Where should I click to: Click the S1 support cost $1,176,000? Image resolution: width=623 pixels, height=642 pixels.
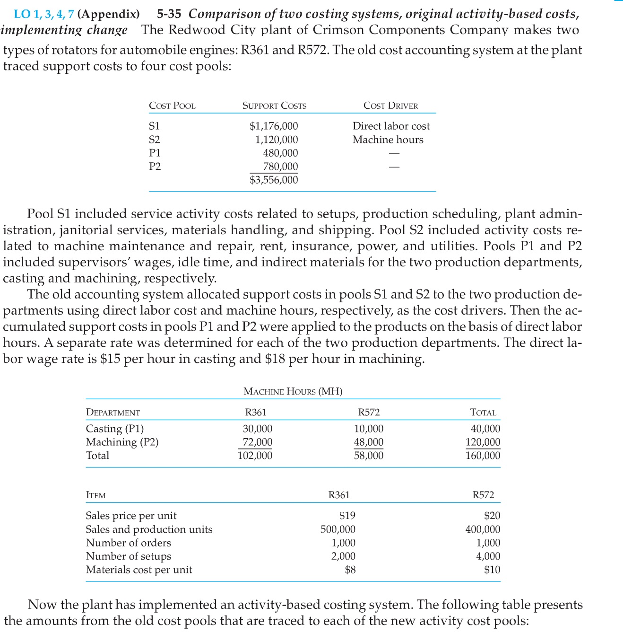coord(274,126)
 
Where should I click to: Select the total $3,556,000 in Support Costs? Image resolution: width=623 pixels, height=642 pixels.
coord(274,180)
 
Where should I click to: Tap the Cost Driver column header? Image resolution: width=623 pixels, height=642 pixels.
coord(390,106)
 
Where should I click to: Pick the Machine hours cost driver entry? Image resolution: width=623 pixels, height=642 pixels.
coord(388,140)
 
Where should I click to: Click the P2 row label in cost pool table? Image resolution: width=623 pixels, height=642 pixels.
coord(155,166)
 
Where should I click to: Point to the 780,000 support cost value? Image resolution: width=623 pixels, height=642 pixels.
coord(280,166)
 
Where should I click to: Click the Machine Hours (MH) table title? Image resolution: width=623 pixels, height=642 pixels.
coord(293,391)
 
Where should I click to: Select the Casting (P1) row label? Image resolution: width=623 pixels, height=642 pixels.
coord(114,429)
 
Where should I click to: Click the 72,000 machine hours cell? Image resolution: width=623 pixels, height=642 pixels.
coord(257,442)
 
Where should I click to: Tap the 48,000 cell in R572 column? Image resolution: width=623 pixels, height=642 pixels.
coord(369,442)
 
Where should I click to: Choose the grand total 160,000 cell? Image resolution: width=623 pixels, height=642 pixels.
coord(483,456)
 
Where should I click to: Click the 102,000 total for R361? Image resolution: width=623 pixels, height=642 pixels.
coord(255,456)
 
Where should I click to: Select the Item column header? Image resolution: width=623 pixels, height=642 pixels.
coord(95,495)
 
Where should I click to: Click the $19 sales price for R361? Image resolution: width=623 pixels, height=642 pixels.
coord(347,516)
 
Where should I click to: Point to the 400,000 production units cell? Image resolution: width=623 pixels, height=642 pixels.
coord(483,529)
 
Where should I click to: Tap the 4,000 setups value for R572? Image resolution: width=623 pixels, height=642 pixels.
coord(488,556)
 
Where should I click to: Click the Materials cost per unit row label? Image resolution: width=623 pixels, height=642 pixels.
coord(139,570)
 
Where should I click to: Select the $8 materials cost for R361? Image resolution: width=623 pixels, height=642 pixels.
coord(350,570)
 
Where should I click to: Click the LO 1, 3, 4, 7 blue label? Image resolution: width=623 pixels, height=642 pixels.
coord(43,14)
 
